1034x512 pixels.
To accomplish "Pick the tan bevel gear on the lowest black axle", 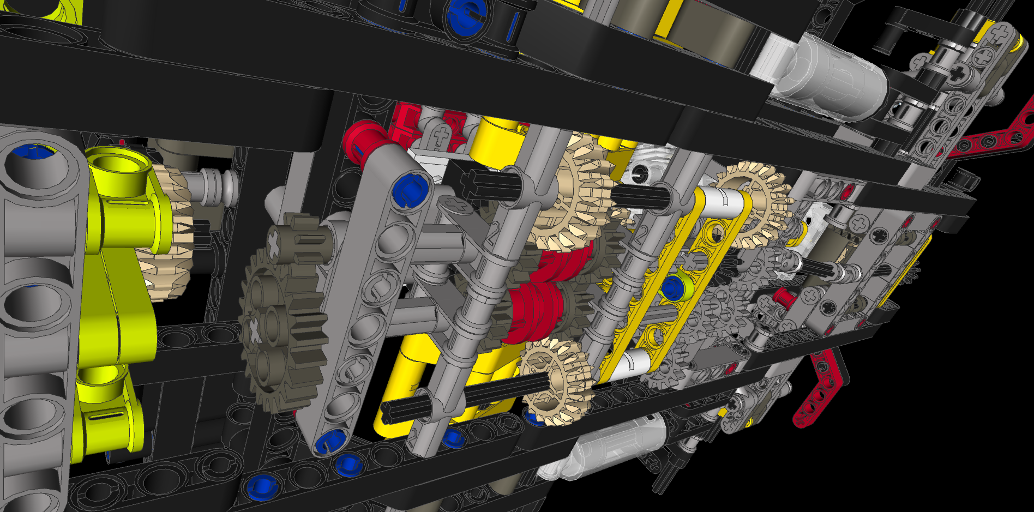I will (556, 382).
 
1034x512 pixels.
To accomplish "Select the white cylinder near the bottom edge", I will (605, 447).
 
